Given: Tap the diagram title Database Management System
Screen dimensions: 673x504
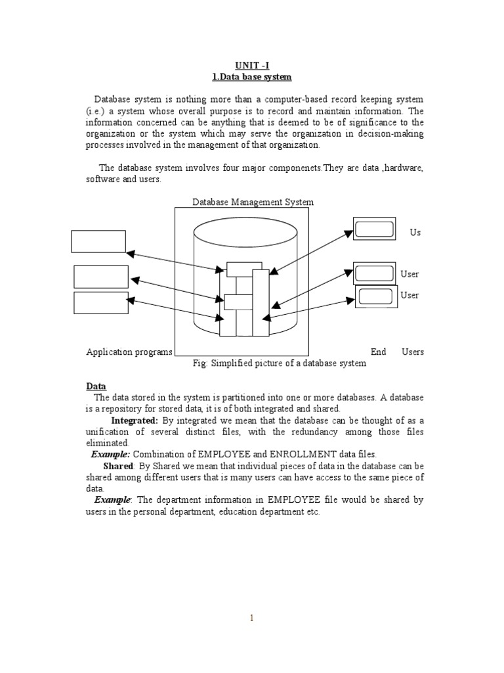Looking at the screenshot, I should click(x=253, y=202).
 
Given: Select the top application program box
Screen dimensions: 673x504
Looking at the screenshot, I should click(x=98, y=241).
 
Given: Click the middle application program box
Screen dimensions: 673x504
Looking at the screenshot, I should click(x=101, y=277).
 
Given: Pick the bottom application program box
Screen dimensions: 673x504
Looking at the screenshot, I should click(x=101, y=303).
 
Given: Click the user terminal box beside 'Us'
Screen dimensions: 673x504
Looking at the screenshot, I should click(x=374, y=229).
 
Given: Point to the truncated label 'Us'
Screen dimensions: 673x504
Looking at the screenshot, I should click(x=415, y=233).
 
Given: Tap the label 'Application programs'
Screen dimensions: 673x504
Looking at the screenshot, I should click(x=129, y=352).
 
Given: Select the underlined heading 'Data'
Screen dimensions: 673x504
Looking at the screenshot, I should click(x=96, y=386).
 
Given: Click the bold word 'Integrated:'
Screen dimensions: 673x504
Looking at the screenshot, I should click(x=135, y=420).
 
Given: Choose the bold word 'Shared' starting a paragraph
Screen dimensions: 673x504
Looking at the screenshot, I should click(x=118, y=466).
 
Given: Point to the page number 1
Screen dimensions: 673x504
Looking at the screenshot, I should click(x=251, y=617).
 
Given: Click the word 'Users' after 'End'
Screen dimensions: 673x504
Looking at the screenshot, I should click(x=413, y=352).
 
